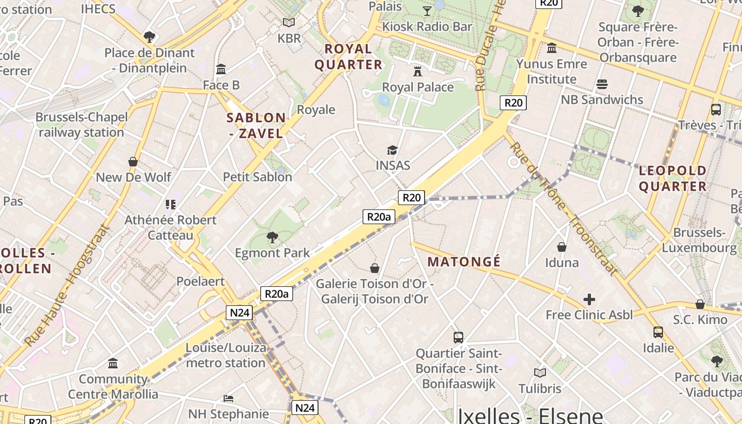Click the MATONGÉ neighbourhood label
tap(464, 262)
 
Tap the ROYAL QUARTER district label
tap(348, 57)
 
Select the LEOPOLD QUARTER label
tap(673, 179)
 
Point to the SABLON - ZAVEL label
tap(257, 126)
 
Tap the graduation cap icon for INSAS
tap(392, 151)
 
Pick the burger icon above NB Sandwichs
tap(602, 84)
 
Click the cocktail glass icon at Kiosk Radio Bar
tap(427, 11)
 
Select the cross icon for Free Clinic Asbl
tap(589, 300)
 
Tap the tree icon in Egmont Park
tap(272, 237)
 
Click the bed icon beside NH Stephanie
tap(228, 398)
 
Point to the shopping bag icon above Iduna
tap(562, 247)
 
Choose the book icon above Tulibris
tap(540, 373)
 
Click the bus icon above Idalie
tap(658, 332)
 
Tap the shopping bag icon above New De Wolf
tap(133, 162)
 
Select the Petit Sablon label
tap(258, 177)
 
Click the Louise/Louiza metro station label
tap(226, 356)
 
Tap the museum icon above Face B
tap(221, 69)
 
